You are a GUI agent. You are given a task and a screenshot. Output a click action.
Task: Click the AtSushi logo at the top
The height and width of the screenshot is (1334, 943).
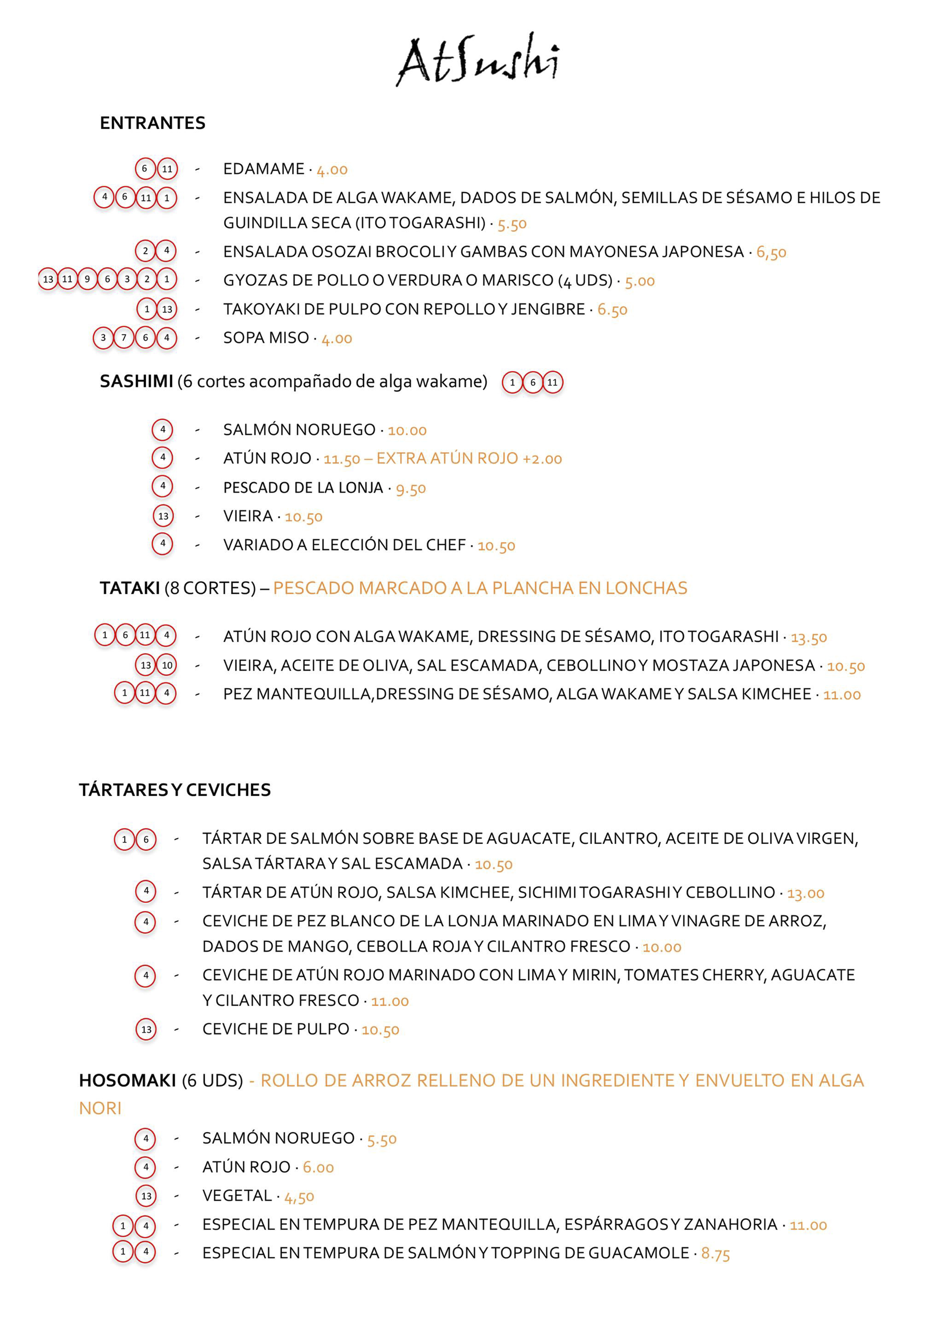click(x=478, y=60)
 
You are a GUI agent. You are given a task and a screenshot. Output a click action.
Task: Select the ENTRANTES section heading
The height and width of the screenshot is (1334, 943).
click(x=152, y=123)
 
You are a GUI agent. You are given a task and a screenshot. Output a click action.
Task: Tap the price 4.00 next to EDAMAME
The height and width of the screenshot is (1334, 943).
click(x=332, y=170)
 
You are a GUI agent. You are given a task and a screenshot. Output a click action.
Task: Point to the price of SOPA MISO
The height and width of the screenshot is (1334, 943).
click(x=337, y=338)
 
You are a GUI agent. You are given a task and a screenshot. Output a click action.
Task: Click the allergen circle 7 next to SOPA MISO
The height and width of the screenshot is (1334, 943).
click(x=124, y=338)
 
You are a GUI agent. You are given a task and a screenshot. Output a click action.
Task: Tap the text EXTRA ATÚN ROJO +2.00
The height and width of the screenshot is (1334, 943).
click(x=469, y=458)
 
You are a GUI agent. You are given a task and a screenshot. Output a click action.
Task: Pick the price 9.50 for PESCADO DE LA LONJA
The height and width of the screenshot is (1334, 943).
click(x=411, y=488)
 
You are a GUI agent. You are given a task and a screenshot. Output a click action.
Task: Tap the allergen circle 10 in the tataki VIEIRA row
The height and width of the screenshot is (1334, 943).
click(x=167, y=665)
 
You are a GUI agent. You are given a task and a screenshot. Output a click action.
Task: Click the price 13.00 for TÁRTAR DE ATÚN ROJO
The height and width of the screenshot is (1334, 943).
click(x=805, y=893)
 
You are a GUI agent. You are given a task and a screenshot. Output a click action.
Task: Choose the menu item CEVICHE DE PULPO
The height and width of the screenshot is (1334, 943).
click(x=275, y=1029)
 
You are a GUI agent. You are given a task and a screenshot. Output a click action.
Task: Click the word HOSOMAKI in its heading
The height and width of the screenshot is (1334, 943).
click(x=127, y=1081)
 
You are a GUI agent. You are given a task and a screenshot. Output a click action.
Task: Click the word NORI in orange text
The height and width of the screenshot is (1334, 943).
click(x=100, y=1108)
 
